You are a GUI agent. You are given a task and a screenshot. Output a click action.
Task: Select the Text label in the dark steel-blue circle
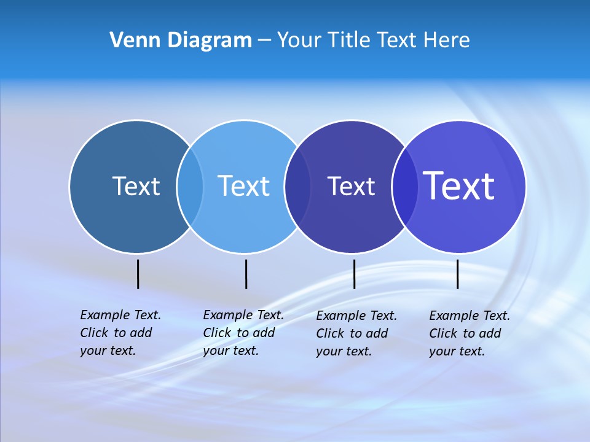[136, 186]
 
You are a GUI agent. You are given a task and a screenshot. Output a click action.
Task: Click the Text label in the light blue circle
[243, 186]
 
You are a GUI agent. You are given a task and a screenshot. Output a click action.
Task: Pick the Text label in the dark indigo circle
[351, 187]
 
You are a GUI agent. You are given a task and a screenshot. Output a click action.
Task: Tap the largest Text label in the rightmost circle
[459, 185]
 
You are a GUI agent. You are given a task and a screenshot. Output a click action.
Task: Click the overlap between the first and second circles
[190, 186]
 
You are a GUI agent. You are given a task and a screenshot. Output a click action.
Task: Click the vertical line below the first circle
[138, 274]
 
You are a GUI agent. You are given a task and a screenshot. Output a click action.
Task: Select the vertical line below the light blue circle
[246, 274]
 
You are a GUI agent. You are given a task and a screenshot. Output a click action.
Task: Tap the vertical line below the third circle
[354, 274]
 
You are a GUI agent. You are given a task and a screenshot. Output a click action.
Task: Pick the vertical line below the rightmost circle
[457, 274]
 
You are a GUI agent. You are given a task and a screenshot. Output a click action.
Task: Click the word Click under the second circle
[218, 333]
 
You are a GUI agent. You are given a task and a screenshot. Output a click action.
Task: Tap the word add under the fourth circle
[489, 333]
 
